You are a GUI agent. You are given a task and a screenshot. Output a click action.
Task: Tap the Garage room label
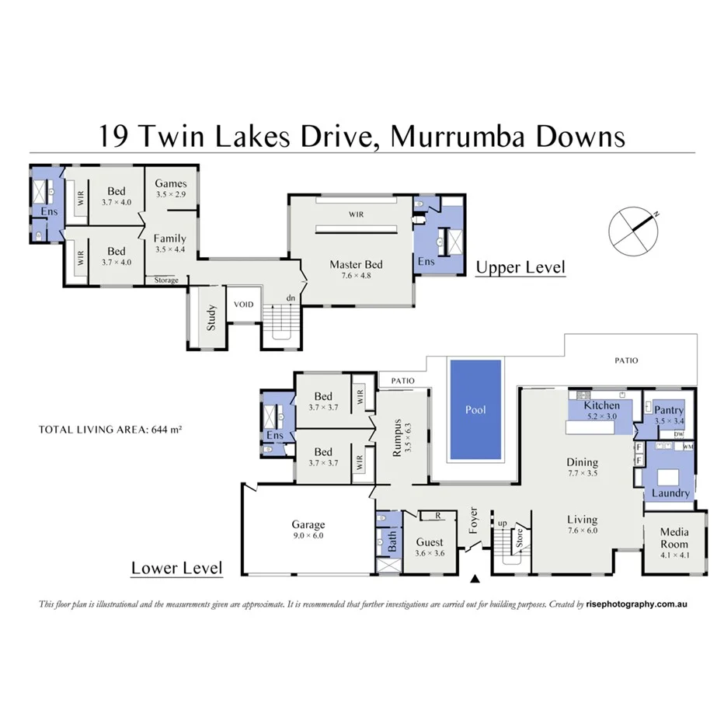[308, 525]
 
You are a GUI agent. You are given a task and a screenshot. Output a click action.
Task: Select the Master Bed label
[356, 265]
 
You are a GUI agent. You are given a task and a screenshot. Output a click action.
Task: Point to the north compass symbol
[635, 228]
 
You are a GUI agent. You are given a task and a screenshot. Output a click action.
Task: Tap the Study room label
[211, 318]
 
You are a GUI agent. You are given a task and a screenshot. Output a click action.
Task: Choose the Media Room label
[675, 538]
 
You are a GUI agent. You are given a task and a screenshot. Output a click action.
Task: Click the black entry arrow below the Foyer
[475, 579]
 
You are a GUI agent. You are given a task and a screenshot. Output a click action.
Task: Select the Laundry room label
[671, 493]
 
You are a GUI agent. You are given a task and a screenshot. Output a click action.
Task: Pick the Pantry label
[668, 410]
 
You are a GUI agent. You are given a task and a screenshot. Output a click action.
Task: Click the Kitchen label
[601, 406]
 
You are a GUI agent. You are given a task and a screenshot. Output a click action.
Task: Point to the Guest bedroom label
[430, 542]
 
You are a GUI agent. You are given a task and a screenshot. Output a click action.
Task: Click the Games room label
[171, 183]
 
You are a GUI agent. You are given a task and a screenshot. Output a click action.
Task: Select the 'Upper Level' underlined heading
[520, 268]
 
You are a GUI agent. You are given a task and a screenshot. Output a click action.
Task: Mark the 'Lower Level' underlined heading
[176, 568]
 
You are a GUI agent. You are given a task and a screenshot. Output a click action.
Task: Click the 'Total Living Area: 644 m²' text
[110, 429]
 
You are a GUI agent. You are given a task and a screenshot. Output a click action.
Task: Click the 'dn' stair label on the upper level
[290, 298]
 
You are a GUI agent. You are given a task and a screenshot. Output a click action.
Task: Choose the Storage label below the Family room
[166, 280]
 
